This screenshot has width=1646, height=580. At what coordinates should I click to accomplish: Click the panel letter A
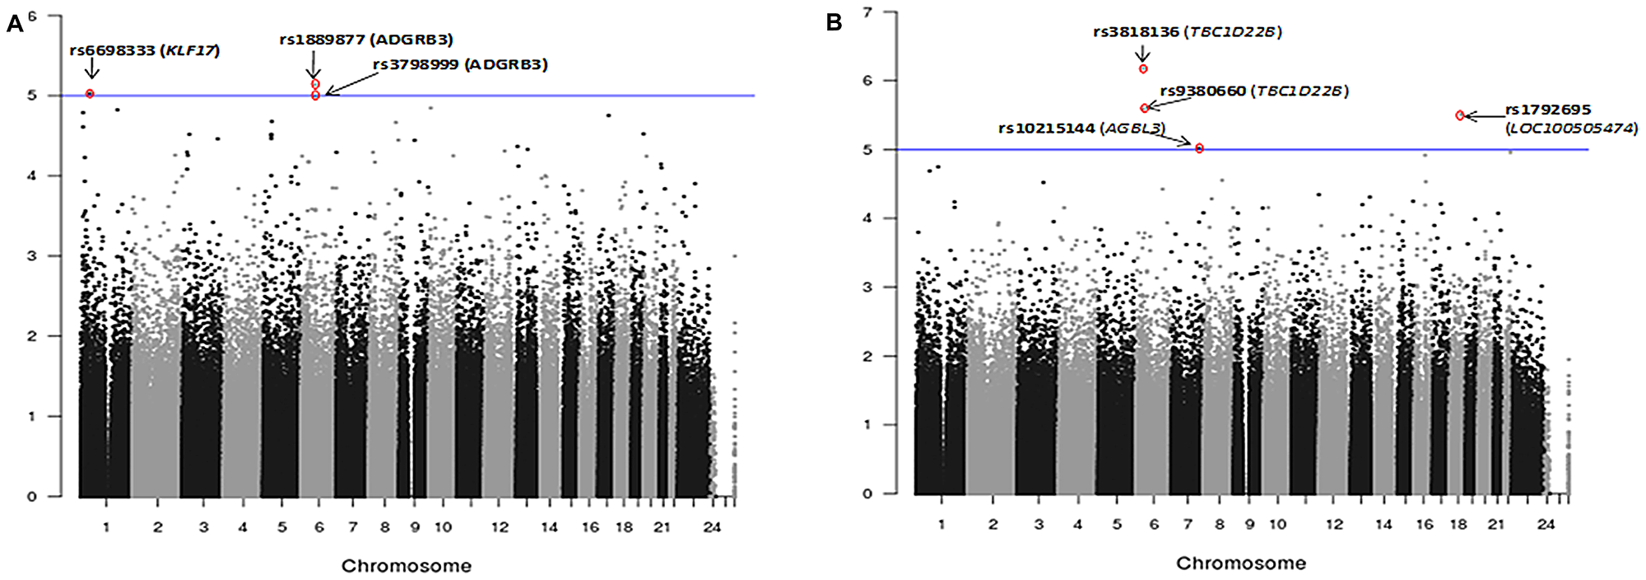14,24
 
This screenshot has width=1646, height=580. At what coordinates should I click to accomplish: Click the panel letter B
834,23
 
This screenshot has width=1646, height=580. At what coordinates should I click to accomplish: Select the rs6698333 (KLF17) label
145,50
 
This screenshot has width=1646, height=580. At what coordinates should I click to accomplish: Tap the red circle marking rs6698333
91,94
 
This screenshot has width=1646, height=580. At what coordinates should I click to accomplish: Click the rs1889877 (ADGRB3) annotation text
366,40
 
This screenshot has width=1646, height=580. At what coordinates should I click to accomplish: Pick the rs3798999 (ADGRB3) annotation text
460,64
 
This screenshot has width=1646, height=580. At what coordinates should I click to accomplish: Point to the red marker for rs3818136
1143,69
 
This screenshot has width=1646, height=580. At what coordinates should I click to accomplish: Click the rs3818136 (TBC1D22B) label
1188,32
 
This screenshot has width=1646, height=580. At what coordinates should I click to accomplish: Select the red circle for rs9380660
1145,108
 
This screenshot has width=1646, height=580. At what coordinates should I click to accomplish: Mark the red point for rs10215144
1199,148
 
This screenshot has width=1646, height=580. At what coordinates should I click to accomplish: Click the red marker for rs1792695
1460,115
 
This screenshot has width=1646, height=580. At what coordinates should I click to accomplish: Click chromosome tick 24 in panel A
712,527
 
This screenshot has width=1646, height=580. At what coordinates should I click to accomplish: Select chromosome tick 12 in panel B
1334,524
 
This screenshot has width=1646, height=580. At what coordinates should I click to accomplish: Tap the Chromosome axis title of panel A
407,566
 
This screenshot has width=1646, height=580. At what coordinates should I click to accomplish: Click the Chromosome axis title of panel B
1241,564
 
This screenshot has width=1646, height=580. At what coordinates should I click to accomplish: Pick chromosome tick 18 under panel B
1458,524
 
